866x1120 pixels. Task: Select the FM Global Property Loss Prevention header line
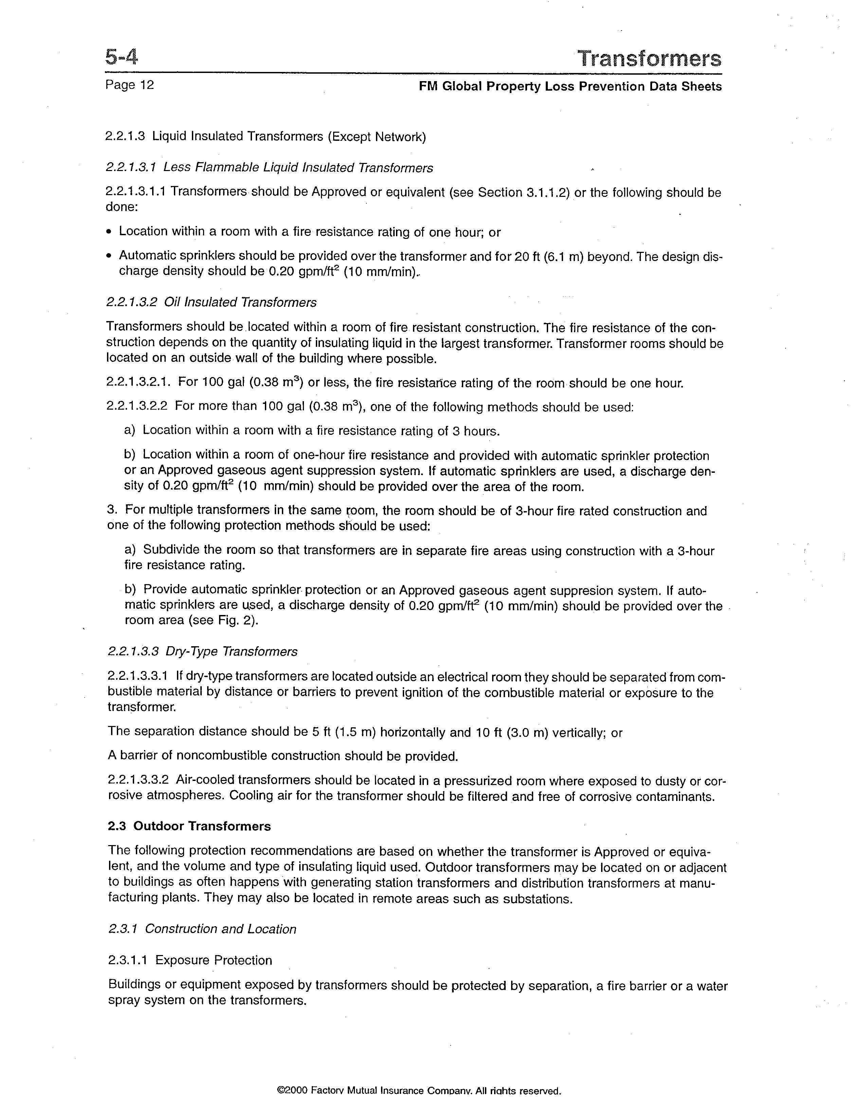coord(570,86)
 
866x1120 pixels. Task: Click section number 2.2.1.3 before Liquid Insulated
coord(125,136)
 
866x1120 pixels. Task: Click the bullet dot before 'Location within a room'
coord(109,232)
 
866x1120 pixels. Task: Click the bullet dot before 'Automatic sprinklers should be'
coord(109,256)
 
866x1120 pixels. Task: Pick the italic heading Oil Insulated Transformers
coord(240,302)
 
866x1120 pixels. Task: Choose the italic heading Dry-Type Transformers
coord(231,651)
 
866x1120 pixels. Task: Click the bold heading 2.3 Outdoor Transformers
coord(189,826)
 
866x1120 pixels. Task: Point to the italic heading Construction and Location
coord(221,929)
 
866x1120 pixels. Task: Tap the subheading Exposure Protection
coord(213,960)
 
